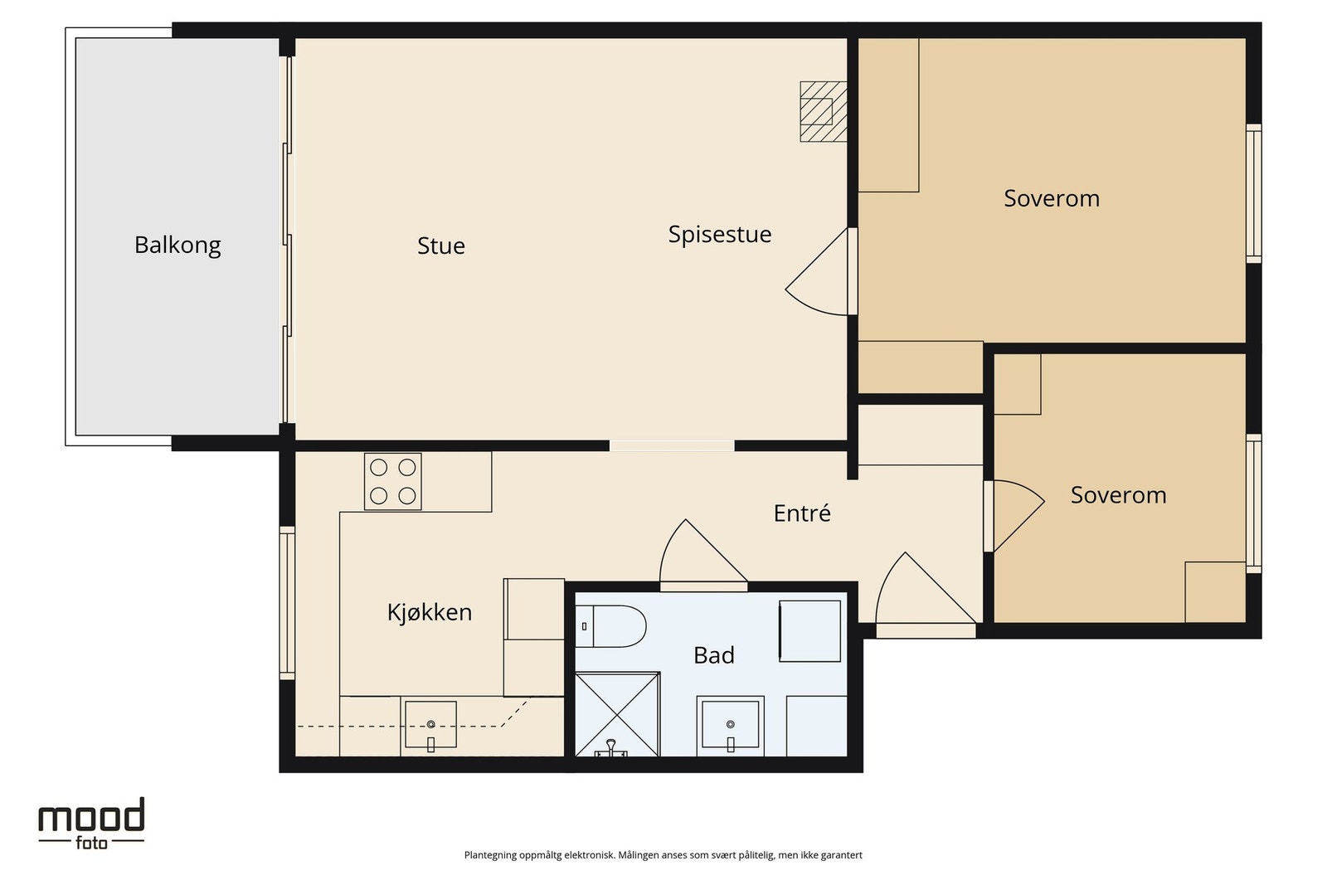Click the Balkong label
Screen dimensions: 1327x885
(177, 246)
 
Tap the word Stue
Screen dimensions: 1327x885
(440, 246)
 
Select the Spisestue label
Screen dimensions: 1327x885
(720, 235)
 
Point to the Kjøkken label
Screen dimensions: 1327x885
(430, 612)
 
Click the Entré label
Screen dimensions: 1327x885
(802, 513)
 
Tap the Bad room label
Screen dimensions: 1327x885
(714, 655)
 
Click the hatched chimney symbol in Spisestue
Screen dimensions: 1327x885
(824, 111)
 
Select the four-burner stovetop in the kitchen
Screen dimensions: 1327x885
(393, 482)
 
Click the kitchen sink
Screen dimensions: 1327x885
(430, 724)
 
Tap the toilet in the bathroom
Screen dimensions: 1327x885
(610, 626)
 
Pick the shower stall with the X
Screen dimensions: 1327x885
(617, 714)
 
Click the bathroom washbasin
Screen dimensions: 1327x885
(731, 725)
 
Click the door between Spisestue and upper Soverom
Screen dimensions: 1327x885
(821, 272)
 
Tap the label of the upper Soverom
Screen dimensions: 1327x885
(1052, 198)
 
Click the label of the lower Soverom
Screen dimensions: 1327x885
(1119, 495)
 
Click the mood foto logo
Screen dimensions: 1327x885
(91, 824)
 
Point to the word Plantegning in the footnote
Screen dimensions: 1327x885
(490, 855)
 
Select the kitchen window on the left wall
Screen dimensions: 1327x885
(287, 603)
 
